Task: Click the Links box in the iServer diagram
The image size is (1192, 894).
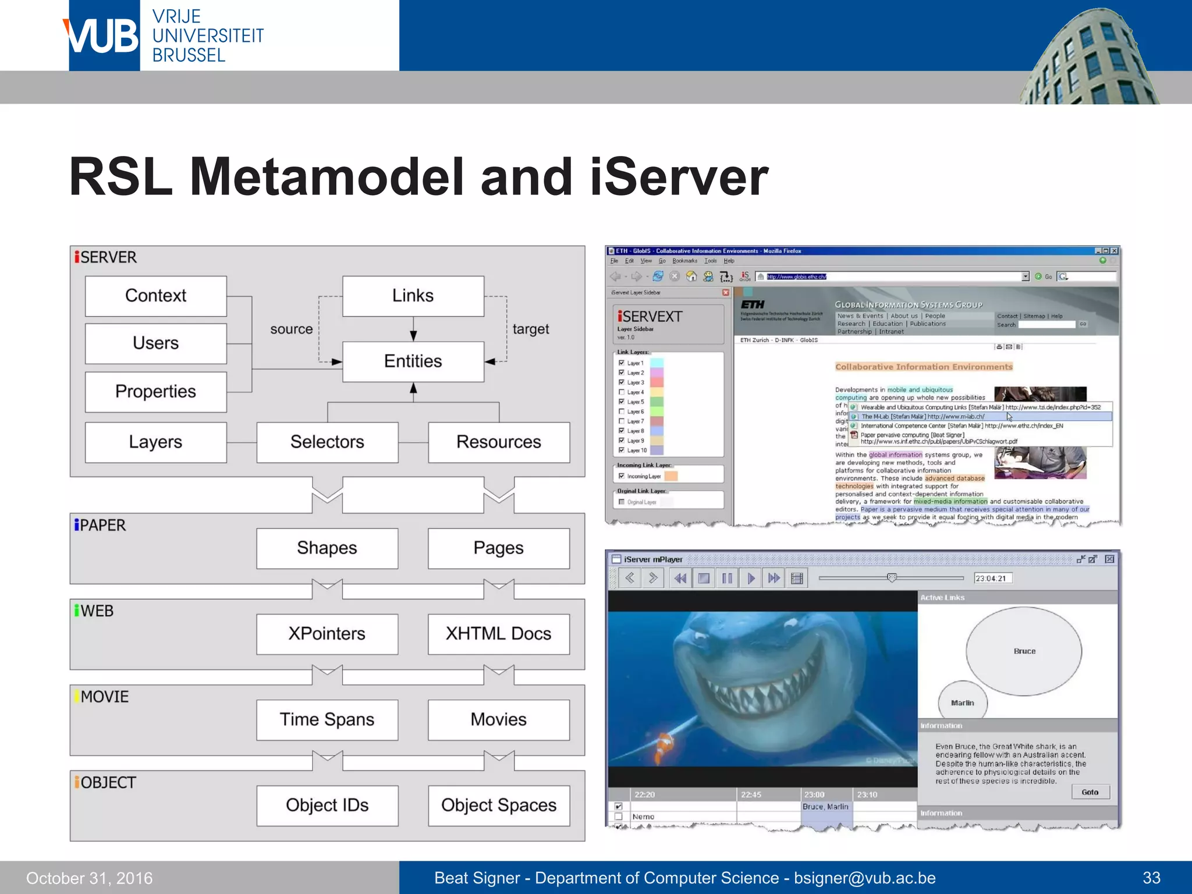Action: pyautogui.click(x=413, y=296)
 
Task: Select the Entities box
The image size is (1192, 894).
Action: pyautogui.click(x=413, y=361)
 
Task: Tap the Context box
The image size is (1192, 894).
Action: pyautogui.click(x=155, y=296)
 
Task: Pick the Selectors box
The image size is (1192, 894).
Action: pyautogui.click(x=327, y=442)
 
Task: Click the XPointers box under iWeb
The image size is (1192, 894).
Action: pyautogui.click(x=327, y=633)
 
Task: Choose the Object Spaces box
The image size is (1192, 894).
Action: pyautogui.click(x=499, y=805)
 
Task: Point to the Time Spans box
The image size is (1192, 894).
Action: pyautogui.click(x=327, y=719)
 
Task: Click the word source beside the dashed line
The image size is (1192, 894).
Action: pyautogui.click(x=291, y=329)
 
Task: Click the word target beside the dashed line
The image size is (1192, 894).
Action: pyautogui.click(x=530, y=329)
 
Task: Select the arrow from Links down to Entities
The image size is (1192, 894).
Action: pyautogui.click(x=413, y=329)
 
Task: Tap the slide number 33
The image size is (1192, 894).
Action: pyautogui.click(x=1151, y=878)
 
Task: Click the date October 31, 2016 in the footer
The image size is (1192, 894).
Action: pyautogui.click(x=89, y=878)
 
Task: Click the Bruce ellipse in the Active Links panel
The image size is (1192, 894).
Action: pyautogui.click(x=1024, y=651)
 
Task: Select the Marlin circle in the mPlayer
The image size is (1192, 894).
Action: pyautogui.click(x=962, y=702)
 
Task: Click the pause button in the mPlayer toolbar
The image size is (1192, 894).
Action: pyautogui.click(x=727, y=578)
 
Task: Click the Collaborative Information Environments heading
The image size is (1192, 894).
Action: pyautogui.click(x=924, y=367)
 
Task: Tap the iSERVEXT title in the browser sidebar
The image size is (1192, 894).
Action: pyautogui.click(x=650, y=317)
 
